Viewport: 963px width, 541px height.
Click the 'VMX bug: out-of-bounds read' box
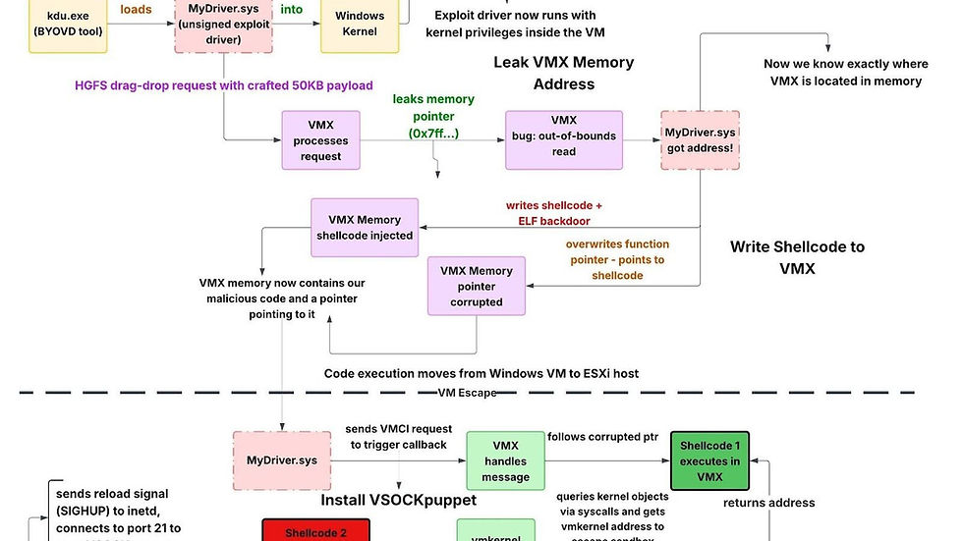(563, 138)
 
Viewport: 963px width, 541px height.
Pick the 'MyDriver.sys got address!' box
(700, 139)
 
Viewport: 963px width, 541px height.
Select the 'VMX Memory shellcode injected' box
(365, 227)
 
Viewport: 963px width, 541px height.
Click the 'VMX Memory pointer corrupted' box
(477, 287)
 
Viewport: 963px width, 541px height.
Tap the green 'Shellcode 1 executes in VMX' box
(710, 461)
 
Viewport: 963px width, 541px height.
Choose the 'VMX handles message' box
(505, 461)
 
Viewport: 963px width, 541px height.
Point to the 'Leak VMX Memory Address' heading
(563, 73)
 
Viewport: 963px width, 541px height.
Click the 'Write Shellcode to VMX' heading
(797, 256)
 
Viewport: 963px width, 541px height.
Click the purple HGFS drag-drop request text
(224, 85)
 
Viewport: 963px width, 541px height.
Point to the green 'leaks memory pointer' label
(433, 115)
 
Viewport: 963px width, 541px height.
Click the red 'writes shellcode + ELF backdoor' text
(553, 213)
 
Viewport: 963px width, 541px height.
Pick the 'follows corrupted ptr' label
(602, 436)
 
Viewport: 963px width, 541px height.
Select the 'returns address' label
(768, 503)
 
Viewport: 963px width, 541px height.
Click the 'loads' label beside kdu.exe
(136, 10)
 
